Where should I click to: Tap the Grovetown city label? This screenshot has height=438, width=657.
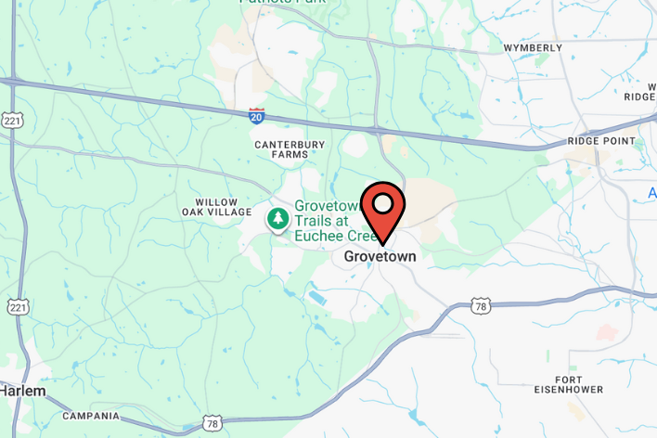[380, 256]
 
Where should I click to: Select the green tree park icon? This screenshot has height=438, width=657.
[277, 219]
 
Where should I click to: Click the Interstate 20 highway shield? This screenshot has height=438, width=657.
[257, 115]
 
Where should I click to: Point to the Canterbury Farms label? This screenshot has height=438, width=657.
[290, 149]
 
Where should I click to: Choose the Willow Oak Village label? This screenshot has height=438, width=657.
[216, 207]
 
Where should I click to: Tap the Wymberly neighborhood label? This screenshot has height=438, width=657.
[533, 47]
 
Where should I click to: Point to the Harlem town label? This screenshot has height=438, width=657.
[22, 392]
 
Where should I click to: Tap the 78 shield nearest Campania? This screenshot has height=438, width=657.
[213, 422]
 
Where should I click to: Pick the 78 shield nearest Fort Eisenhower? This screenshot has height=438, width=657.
[479, 305]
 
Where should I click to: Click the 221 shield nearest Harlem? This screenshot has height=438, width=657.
[17, 307]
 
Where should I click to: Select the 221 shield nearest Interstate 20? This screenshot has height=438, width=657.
[12, 122]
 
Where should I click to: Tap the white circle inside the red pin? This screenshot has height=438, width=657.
[382, 201]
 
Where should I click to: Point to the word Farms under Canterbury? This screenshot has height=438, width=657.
[290, 155]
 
